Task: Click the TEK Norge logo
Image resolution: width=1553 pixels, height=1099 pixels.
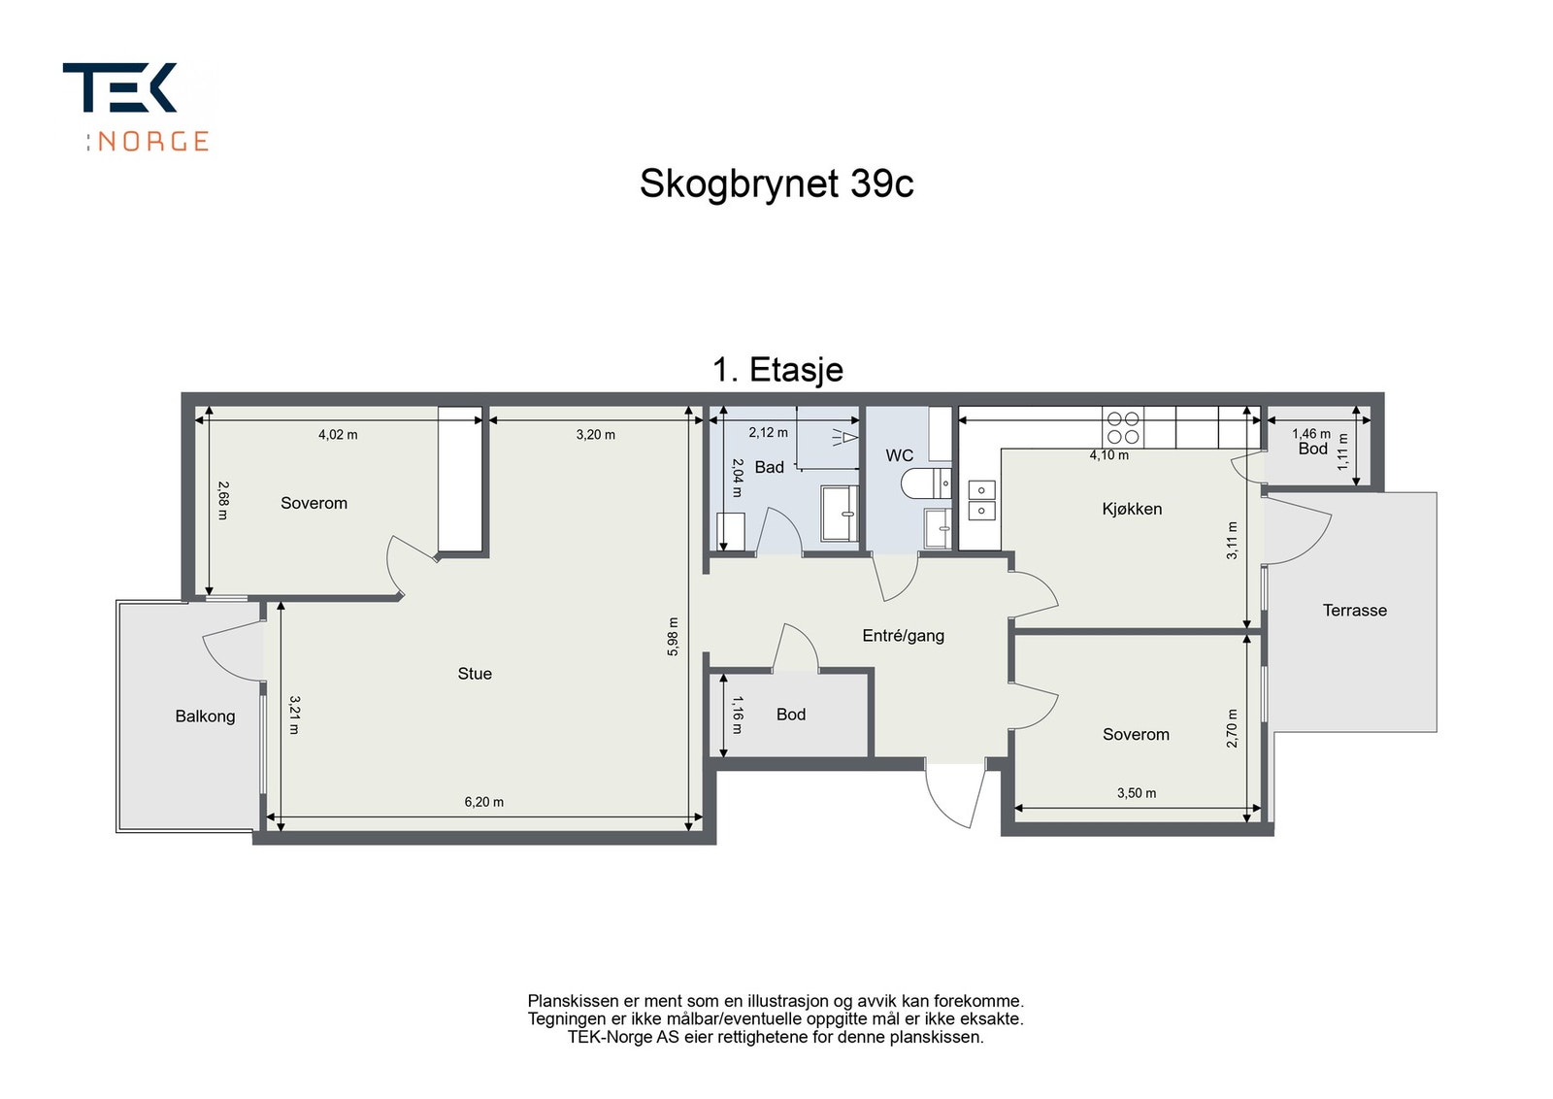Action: coord(135,107)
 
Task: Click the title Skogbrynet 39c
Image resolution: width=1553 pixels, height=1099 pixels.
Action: coord(776,184)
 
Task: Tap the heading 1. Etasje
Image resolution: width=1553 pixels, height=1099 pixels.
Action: coord(777,370)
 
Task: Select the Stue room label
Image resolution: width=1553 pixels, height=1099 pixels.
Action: coord(475,673)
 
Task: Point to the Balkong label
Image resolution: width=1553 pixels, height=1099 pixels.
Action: coord(205,716)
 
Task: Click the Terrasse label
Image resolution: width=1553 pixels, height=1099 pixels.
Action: coord(1355,610)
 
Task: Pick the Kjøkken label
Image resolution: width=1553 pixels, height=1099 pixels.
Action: coord(1132,509)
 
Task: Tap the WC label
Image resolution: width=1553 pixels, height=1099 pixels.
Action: coord(899,455)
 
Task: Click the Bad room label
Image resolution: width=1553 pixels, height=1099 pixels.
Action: coord(770,467)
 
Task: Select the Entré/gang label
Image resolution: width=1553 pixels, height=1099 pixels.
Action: coord(904,636)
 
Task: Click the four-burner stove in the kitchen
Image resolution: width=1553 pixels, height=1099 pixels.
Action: coord(1123,427)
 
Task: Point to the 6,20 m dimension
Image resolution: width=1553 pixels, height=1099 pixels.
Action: coord(484,802)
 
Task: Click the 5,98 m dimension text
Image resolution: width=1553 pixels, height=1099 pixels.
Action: coord(673,637)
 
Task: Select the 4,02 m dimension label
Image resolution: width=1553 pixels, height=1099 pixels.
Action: coord(339,435)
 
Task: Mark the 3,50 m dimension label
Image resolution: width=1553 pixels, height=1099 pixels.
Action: coord(1137,793)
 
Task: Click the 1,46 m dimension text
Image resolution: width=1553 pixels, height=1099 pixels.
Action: coord(1311,434)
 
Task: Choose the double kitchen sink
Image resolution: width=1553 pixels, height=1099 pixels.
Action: coord(982,500)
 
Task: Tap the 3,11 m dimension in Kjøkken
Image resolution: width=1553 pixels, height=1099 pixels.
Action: coord(1232,541)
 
